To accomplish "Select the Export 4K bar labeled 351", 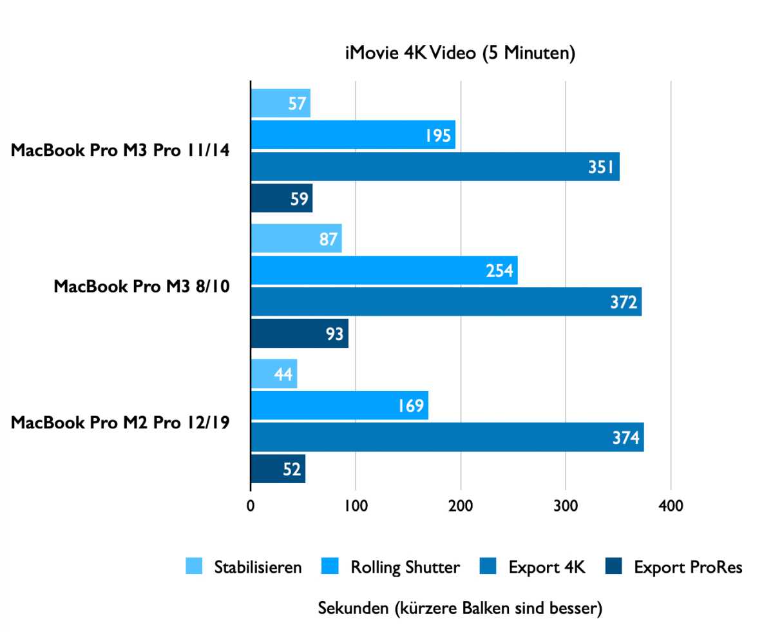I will [435, 167].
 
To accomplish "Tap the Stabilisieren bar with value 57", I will [280, 103].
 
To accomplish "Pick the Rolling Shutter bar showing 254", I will [384, 270].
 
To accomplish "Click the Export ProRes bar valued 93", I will [300, 334].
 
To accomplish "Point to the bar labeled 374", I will [447, 437].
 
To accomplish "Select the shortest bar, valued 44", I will [274, 374].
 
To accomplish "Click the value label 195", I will [438, 135].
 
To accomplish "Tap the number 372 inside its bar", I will [624, 302].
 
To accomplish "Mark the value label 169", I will [410, 406].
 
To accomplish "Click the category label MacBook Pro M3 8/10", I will [142, 285].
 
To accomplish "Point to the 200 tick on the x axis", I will [461, 505].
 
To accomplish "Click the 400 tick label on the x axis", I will [671, 505].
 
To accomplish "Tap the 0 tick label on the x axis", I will [251, 505].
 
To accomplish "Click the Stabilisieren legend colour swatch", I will [193, 567].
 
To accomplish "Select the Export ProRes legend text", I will [688, 568].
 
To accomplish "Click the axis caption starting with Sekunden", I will [460, 608].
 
